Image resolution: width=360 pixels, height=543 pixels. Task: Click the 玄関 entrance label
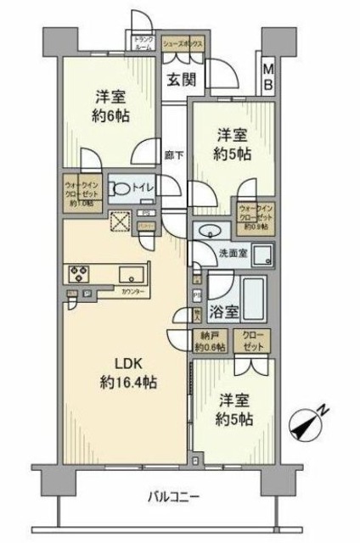click(x=177, y=81)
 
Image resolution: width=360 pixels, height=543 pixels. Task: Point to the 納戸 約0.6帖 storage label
click(x=209, y=342)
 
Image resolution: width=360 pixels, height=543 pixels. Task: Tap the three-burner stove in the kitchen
click(x=80, y=273)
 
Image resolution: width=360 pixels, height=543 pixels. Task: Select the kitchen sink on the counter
click(x=132, y=274)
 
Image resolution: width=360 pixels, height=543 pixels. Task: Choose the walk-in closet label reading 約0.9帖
click(x=256, y=217)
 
